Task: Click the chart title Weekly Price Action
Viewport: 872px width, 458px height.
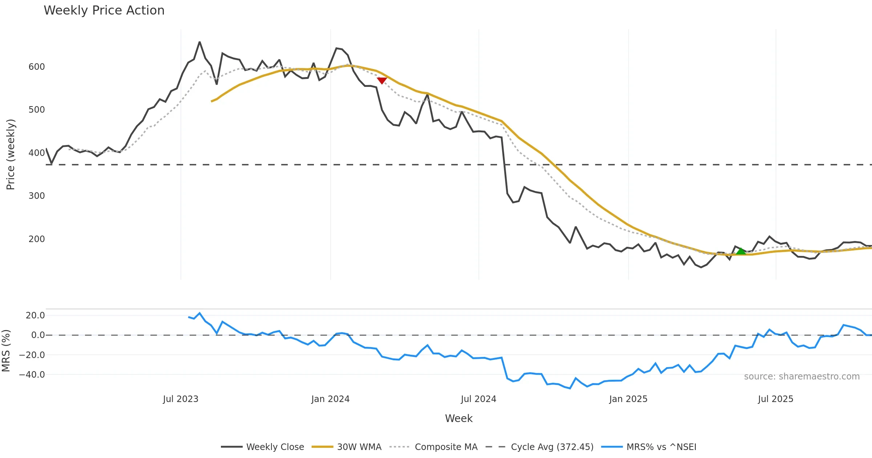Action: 104,11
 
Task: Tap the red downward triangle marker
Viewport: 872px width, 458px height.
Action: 382,80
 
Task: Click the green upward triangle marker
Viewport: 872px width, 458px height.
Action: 741,251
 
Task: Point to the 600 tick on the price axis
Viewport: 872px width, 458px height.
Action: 37,67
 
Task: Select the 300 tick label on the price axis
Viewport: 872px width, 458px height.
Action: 37,196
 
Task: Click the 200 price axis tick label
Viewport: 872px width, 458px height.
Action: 37,239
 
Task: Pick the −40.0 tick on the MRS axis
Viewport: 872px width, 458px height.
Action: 32,375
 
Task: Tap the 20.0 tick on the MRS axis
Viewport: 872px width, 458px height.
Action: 35,316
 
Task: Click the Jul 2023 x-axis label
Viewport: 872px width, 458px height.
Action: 181,399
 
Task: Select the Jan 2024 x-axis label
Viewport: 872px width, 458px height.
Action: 330,399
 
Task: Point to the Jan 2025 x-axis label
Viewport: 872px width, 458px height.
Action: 628,399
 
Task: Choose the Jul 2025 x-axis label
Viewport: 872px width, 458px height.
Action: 776,399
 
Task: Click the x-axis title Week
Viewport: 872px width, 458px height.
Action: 459,419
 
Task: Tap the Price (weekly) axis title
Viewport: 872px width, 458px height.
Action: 11,154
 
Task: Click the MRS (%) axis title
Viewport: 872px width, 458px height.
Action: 6,351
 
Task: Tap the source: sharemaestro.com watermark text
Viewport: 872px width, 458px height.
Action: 802,377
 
